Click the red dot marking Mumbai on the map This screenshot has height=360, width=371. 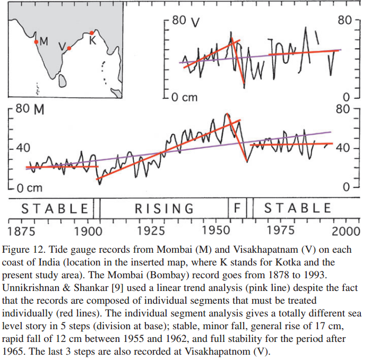[x=36, y=41]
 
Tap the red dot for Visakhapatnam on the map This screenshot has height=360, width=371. [x=69, y=48]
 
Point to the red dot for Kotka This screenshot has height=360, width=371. [x=92, y=32]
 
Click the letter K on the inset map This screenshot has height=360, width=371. [x=93, y=41]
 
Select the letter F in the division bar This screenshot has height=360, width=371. [x=237, y=208]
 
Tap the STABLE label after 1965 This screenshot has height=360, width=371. [x=298, y=208]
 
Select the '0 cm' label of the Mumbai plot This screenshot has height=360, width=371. [x=29, y=188]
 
